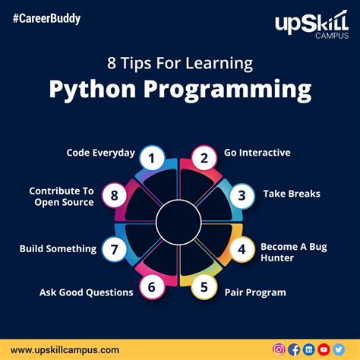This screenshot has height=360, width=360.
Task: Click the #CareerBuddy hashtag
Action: tap(47, 17)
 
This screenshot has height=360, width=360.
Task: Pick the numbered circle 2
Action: tap(204, 158)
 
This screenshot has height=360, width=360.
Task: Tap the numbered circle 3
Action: tap(242, 195)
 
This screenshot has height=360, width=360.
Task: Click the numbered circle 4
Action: tap(242, 249)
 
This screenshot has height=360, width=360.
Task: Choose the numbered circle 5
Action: tap(204, 287)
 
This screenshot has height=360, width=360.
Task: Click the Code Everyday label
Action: tap(100, 153)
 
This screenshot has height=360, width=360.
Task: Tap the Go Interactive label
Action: tap(257, 153)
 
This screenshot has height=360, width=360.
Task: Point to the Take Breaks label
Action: tap(292, 194)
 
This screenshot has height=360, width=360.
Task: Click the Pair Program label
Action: tap(255, 292)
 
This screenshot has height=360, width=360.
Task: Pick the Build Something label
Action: tap(58, 248)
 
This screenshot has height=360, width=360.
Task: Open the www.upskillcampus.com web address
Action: tap(65, 349)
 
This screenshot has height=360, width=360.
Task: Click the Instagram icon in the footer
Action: tap(279, 349)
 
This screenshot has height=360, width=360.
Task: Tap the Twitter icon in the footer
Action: tap(338, 349)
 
